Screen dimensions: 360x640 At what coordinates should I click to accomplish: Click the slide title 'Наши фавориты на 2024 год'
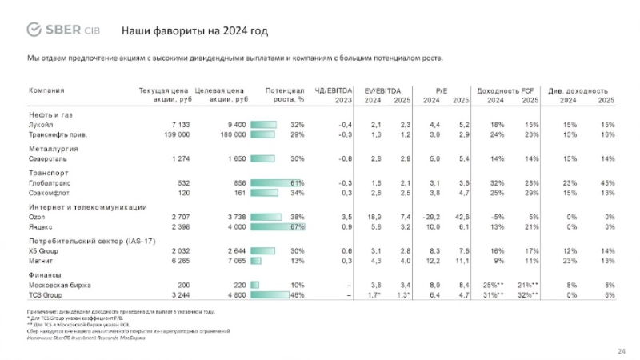click(194, 31)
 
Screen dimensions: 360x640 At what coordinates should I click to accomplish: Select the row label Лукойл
click(42, 125)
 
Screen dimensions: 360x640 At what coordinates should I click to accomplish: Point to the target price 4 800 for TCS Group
click(233, 294)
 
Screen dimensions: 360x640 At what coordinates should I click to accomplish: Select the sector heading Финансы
click(47, 274)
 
